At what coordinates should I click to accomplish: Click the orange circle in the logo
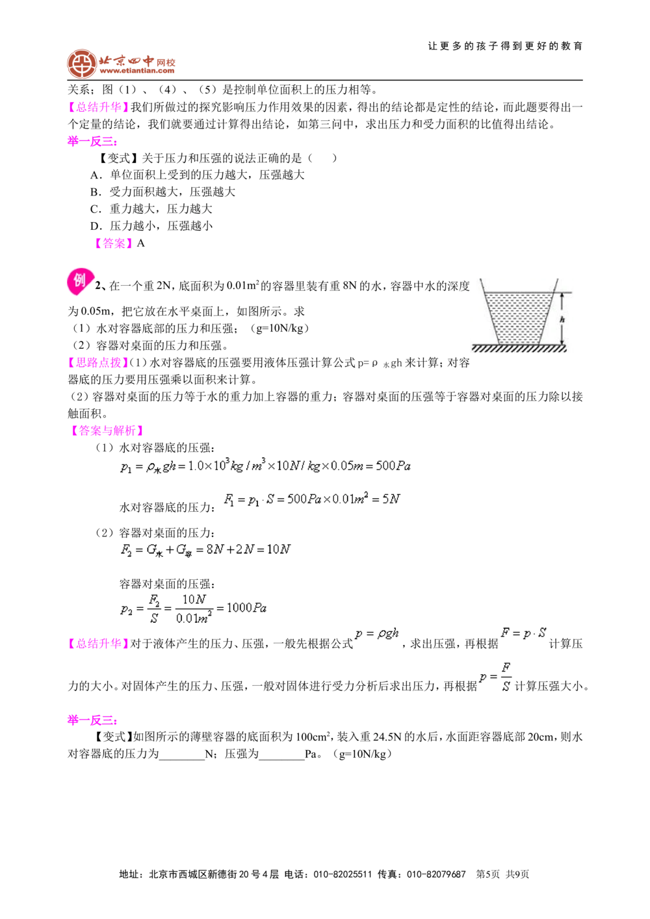click(81, 64)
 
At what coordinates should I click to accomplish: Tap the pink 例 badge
click(79, 283)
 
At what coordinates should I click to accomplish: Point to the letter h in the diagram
click(562, 320)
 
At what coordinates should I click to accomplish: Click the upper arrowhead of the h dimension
click(562, 296)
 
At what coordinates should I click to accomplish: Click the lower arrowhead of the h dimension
click(562, 341)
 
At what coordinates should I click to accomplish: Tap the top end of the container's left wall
click(480, 278)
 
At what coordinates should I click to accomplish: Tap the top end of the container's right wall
click(558, 278)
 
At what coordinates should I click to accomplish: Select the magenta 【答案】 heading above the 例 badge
click(114, 243)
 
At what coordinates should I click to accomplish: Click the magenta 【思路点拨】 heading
click(98, 362)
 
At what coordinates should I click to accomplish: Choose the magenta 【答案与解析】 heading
click(107, 429)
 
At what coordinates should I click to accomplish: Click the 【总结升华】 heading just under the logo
click(98, 107)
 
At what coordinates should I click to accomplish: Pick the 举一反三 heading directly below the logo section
click(92, 142)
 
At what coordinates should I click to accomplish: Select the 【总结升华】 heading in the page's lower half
click(98, 643)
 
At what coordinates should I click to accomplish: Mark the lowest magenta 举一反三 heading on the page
click(91, 720)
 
